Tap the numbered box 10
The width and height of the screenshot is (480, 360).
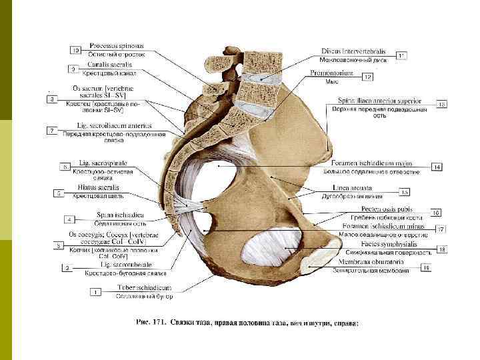(x=75, y=50)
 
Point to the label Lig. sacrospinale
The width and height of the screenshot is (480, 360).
(x=103, y=163)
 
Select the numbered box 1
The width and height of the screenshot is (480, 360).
(x=97, y=291)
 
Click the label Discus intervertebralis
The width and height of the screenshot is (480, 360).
(x=353, y=51)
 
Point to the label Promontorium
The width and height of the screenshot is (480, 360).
(x=331, y=73)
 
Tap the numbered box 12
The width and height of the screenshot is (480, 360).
(x=367, y=77)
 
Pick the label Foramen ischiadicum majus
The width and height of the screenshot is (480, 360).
(x=372, y=163)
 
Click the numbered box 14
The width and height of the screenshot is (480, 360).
(x=437, y=167)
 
